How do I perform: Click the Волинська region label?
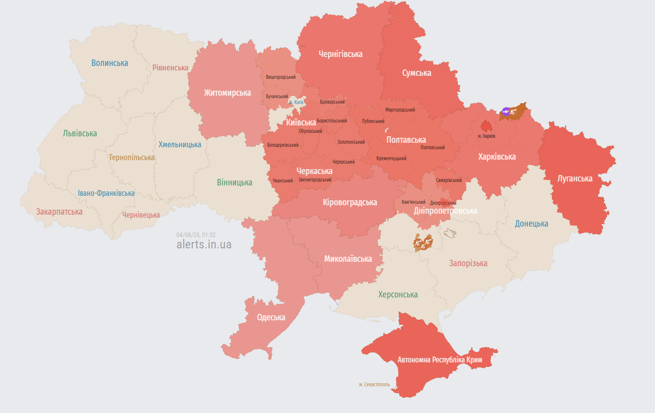(x=109, y=63)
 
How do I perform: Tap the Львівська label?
(x=80, y=133)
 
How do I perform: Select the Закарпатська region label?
(x=59, y=212)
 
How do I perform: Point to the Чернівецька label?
(x=141, y=215)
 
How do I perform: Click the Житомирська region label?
(x=227, y=93)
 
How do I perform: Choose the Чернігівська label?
(x=340, y=54)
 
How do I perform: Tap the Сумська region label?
(x=416, y=73)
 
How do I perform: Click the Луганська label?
(x=575, y=178)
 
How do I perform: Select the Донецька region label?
(x=531, y=224)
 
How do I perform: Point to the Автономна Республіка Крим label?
(x=440, y=359)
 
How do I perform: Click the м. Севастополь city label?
(x=374, y=384)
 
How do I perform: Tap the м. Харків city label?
(x=487, y=136)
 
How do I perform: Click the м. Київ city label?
(x=296, y=102)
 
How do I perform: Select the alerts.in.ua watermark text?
(x=204, y=244)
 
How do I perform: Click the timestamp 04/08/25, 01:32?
(x=196, y=235)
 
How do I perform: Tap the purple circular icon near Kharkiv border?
(x=505, y=112)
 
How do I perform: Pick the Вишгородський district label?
(x=280, y=77)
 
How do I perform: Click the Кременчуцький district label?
(x=391, y=159)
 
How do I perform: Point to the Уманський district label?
(x=282, y=181)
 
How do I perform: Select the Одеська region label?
(x=271, y=317)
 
